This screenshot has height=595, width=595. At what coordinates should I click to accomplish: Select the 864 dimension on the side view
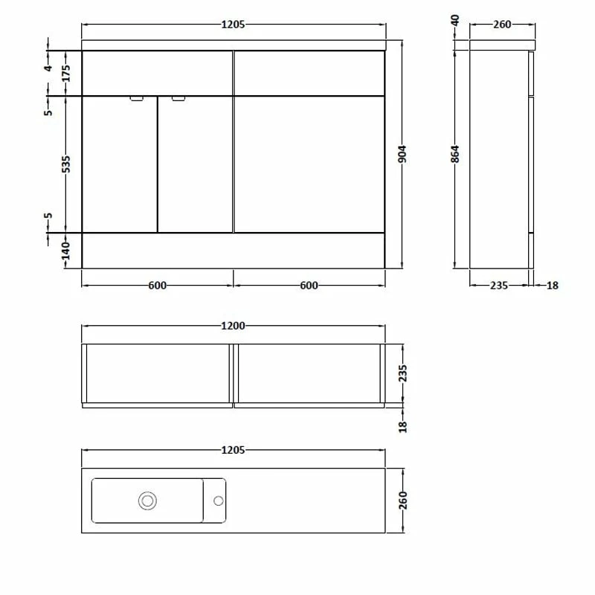[456, 154]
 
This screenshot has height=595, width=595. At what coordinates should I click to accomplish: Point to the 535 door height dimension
[66, 164]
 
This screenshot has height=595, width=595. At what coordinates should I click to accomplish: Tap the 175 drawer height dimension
[66, 74]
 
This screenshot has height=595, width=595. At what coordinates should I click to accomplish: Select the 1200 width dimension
[234, 326]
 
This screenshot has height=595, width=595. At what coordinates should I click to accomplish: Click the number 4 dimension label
[48, 68]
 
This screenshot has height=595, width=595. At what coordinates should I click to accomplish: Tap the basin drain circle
[147, 501]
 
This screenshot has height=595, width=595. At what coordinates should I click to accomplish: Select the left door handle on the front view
[137, 98]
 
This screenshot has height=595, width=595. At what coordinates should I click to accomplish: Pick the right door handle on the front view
[178, 98]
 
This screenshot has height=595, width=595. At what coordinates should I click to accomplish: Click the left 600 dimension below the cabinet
[157, 285]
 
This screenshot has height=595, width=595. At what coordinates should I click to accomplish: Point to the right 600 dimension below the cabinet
[309, 285]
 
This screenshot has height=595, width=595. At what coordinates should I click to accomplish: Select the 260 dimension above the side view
[502, 25]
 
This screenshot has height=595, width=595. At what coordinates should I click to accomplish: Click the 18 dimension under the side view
[552, 285]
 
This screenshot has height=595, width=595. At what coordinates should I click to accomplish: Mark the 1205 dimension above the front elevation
[234, 25]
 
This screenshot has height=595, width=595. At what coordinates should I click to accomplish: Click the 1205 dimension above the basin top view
[234, 450]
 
